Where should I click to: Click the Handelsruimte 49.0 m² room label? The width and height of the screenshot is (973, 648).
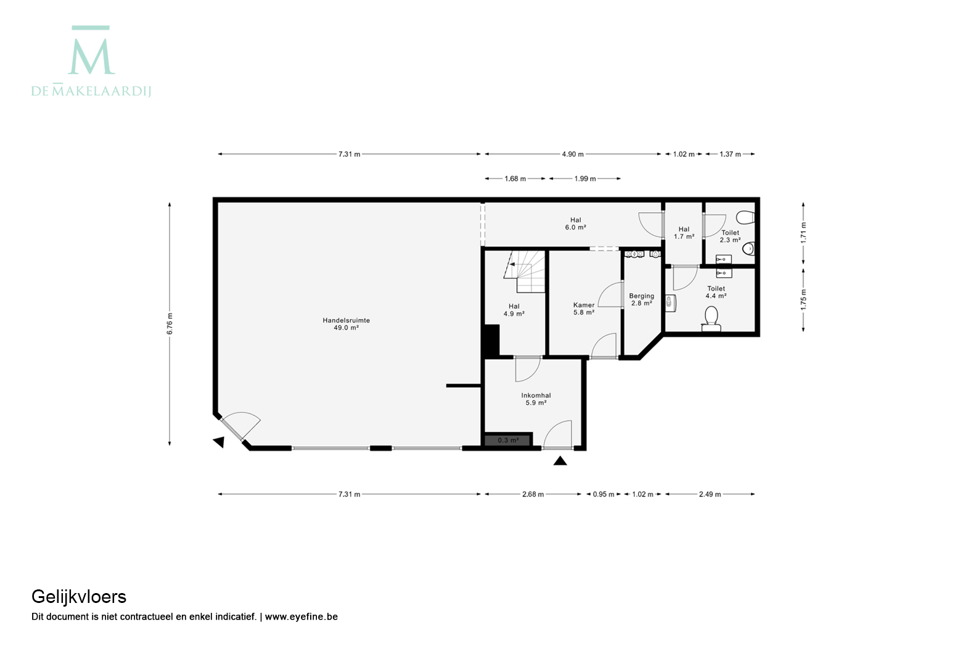click(x=346, y=324)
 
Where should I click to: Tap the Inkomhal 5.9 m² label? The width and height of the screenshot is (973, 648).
click(x=536, y=399)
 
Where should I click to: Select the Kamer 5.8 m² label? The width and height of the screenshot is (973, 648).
click(x=584, y=309)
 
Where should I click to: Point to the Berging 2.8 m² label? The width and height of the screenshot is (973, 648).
click(x=641, y=300)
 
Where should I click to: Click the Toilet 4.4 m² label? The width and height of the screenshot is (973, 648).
click(x=716, y=293)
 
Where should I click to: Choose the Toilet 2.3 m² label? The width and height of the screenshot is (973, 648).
click(x=730, y=236)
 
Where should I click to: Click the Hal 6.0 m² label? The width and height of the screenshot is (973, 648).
click(x=575, y=223)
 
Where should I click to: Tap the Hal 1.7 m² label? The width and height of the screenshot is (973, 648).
click(x=684, y=233)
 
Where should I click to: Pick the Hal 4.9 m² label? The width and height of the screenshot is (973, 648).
click(x=514, y=310)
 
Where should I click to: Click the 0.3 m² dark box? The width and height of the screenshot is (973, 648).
click(x=508, y=440)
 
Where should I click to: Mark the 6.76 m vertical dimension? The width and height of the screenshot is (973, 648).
click(x=170, y=324)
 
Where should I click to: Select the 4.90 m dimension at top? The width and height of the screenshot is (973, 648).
click(x=573, y=154)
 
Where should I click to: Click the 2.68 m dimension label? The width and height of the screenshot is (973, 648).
click(x=533, y=494)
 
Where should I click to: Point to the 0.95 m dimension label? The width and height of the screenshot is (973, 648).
click(x=604, y=494)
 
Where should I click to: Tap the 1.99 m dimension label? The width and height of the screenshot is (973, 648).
click(x=585, y=179)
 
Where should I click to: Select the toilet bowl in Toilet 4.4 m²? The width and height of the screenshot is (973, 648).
click(x=712, y=319)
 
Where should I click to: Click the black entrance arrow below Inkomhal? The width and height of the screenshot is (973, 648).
click(x=560, y=460)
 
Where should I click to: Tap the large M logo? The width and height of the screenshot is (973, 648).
click(x=91, y=50)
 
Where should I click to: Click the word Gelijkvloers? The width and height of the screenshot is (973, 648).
click(x=79, y=597)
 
